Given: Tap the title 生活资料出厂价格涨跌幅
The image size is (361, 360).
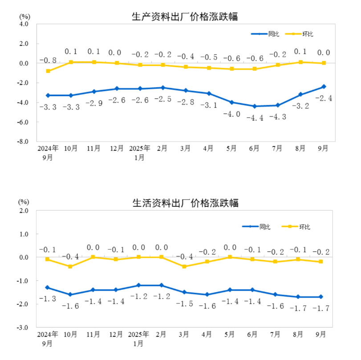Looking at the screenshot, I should point(185,203).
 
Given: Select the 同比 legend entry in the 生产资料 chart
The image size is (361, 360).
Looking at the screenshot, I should point(266,34).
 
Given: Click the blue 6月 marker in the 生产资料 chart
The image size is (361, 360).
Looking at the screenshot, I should point(255,106).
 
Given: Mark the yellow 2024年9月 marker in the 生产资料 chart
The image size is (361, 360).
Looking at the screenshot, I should point(48,71).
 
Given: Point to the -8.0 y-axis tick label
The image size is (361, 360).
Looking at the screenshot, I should point(23,142).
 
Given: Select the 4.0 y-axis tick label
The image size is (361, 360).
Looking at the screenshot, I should point(24,24).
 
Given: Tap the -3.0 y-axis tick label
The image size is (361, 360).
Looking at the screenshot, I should point(23,328).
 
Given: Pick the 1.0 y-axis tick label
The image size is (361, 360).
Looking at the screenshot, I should point(24,234).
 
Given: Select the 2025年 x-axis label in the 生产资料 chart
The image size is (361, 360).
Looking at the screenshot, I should point(140,148).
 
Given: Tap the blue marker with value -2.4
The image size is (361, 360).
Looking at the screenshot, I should point(324,87).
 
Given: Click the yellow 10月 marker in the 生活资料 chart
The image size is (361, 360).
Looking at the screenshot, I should point(71,267).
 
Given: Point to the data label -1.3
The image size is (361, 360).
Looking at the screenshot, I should point(48,299).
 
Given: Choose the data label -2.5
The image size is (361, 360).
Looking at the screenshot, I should point(162,98).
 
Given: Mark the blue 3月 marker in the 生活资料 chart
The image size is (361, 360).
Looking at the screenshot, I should point(184,292).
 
